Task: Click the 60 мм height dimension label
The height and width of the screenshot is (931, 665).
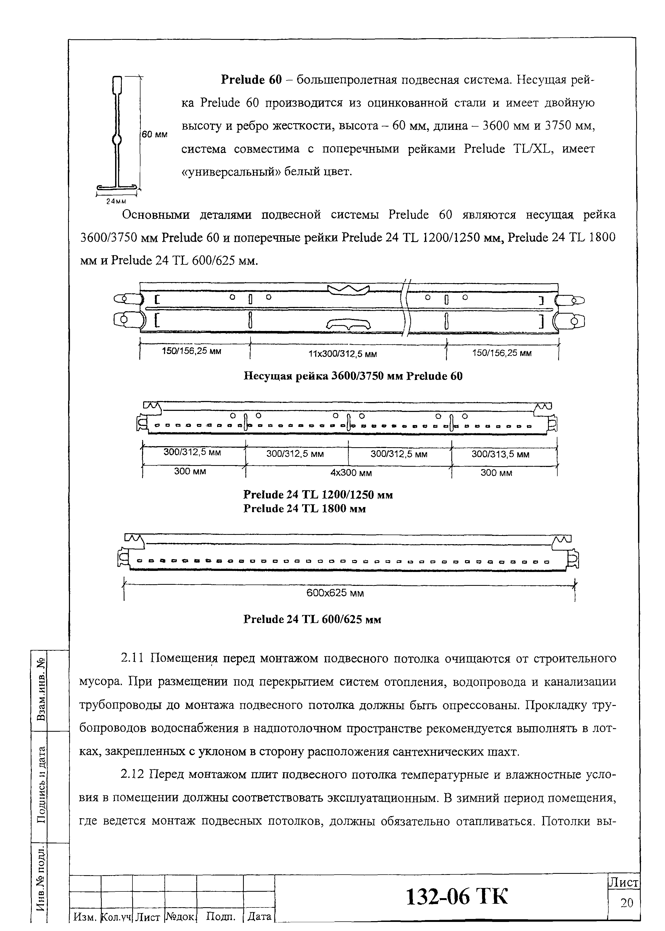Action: (154, 134)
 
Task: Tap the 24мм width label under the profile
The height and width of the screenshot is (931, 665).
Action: (116, 201)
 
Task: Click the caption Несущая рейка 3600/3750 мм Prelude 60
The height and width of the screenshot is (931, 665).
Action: (353, 376)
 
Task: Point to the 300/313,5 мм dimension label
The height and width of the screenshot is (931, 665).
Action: (500, 454)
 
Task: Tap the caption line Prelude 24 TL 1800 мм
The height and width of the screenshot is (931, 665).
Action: (304, 508)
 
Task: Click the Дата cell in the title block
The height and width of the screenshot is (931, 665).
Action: (259, 916)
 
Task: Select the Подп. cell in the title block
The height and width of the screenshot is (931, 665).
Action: (221, 916)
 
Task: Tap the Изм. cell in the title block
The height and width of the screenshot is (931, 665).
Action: (85, 916)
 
